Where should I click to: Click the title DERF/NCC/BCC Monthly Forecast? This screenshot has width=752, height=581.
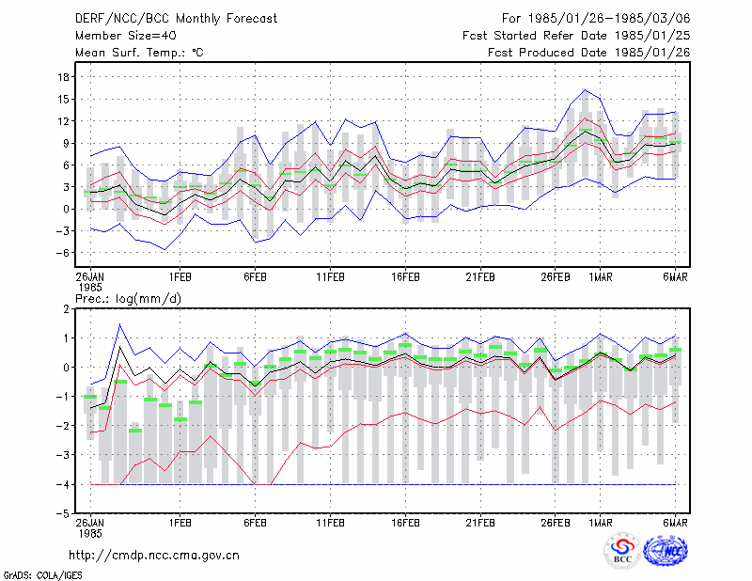click(176, 19)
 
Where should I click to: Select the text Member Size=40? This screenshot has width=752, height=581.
click(126, 36)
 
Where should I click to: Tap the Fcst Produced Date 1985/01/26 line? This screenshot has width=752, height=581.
click(589, 53)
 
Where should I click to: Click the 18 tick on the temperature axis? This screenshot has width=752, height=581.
click(63, 77)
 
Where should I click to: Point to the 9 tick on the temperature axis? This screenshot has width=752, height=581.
click(66, 144)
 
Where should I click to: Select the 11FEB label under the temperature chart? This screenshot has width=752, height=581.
click(330, 277)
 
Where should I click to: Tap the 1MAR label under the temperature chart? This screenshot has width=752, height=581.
click(601, 277)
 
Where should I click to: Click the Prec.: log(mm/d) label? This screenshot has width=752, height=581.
click(128, 299)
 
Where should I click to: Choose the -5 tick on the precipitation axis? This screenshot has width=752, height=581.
click(62, 513)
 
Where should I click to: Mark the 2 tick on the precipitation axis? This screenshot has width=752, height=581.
click(66, 309)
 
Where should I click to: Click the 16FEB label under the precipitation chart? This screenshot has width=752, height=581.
click(405, 523)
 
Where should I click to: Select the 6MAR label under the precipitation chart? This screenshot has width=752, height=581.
click(675, 523)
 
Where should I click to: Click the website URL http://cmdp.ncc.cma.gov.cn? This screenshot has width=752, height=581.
click(154, 555)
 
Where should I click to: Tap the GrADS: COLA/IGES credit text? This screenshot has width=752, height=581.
click(42, 575)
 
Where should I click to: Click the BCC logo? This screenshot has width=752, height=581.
click(622, 551)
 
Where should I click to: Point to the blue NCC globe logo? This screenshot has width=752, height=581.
click(666, 551)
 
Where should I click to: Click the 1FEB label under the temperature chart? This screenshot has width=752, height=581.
click(180, 277)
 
